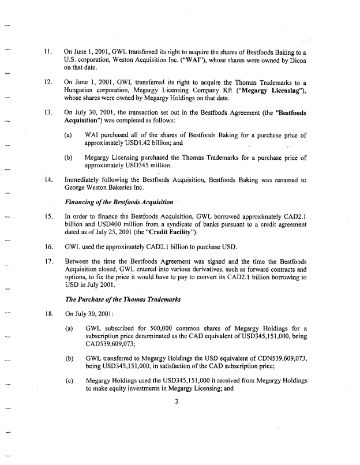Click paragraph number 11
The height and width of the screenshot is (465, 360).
pyautogui.click(x=48, y=51)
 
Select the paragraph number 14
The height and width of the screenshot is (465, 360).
pyautogui.click(x=48, y=180)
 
